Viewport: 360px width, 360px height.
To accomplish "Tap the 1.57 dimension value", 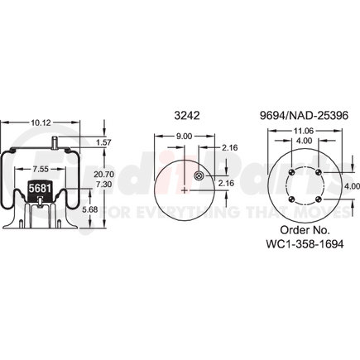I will click(103, 143).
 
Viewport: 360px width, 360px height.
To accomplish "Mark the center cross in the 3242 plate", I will click(182, 190).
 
